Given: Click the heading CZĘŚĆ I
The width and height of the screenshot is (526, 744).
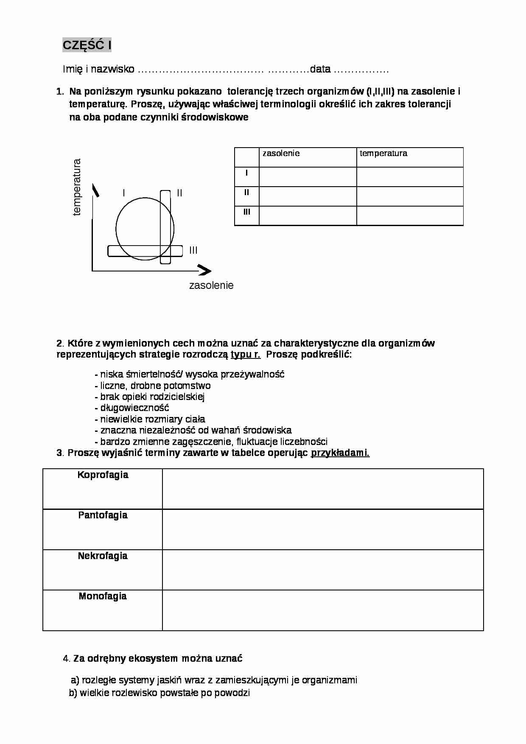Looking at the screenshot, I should [87, 45].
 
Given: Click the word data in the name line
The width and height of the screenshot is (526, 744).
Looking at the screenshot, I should [320, 69].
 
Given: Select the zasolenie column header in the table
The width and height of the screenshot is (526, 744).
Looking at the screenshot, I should [281, 153].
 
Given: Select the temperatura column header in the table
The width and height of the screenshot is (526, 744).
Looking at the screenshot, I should [383, 153].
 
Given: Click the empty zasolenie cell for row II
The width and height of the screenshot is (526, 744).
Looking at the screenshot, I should [308, 196].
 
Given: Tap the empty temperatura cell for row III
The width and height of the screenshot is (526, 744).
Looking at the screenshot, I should [409, 215].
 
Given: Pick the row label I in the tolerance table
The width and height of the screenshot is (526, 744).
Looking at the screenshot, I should [246, 173].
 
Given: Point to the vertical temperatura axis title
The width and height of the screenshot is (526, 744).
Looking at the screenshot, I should [77, 187].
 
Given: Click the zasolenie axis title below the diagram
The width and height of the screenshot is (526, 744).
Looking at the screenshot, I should [211, 285].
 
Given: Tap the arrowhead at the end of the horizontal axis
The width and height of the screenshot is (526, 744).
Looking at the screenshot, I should [205, 270].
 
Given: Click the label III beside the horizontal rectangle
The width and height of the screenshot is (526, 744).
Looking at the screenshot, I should [193, 250].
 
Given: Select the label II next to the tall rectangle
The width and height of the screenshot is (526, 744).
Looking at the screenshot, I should [179, 193].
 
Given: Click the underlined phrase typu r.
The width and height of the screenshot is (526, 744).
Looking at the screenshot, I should [246, 354].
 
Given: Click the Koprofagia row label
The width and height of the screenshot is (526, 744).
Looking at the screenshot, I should [103, 475].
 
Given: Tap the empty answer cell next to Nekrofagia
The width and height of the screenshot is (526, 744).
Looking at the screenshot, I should [322, 570].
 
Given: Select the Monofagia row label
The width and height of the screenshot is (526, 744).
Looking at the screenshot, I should [103, 596].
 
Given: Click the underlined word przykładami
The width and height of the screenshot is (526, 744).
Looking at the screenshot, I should [340, 453].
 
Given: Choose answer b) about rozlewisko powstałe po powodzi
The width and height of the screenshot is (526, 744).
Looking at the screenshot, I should [159, 693].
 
